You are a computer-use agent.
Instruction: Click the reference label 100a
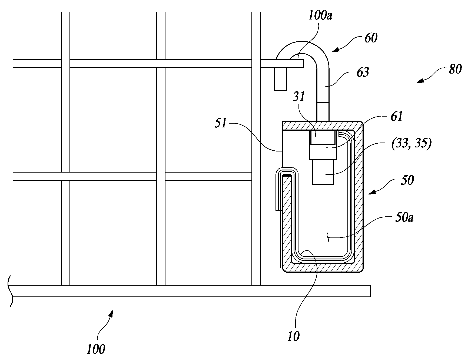pyautogui.click(x=320, y=16)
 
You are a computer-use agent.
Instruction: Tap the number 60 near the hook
pyautogui.click(x=371, y=38)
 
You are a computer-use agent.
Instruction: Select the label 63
pyautogui.click(x=362, y=72)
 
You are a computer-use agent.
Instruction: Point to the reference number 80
pyautogui.click(x=455, y=70)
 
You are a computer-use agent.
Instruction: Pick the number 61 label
pyautogui.click(x=396, y=117)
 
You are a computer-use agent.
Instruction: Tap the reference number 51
pyautogui.click(x=221, y=125)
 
